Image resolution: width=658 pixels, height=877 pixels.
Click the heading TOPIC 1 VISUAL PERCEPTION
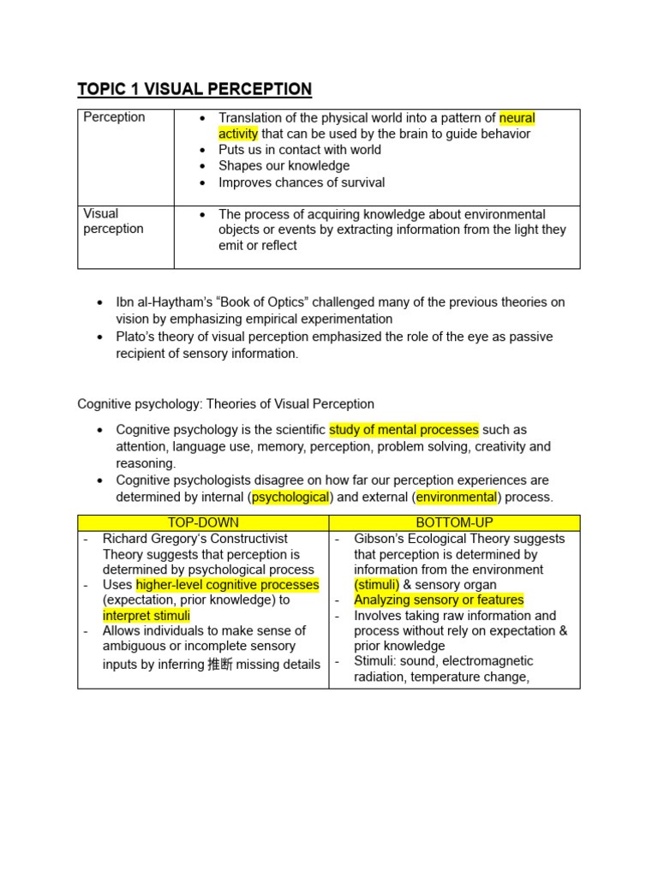[194, 89]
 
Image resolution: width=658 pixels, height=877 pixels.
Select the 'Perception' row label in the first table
[114, 117]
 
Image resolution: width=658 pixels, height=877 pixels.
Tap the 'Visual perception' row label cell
[113, 221]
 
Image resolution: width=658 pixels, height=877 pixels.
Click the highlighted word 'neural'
[517, 118]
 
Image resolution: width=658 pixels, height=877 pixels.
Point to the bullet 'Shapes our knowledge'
[284, 165]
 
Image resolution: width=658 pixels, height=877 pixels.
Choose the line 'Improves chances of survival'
[302, 182]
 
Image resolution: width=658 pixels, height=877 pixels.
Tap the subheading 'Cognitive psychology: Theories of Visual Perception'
[225, 403]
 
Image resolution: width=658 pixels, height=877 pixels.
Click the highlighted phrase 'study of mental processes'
[404, 429]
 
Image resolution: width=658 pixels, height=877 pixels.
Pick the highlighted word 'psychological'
[290, 497]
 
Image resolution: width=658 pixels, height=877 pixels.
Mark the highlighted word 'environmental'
[457, 497]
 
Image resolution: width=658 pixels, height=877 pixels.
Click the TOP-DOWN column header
[203, 522]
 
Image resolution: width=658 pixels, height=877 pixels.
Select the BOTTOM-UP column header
[454, 522]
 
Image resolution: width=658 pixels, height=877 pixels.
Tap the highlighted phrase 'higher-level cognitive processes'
[227, 585]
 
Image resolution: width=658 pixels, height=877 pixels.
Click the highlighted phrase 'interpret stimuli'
[147, 615]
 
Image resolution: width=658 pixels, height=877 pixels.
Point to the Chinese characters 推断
[219, 664]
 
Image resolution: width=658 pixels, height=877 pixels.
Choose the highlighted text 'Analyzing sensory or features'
[439, 600]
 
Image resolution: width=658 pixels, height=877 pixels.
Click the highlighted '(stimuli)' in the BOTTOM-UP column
[377, 585]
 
